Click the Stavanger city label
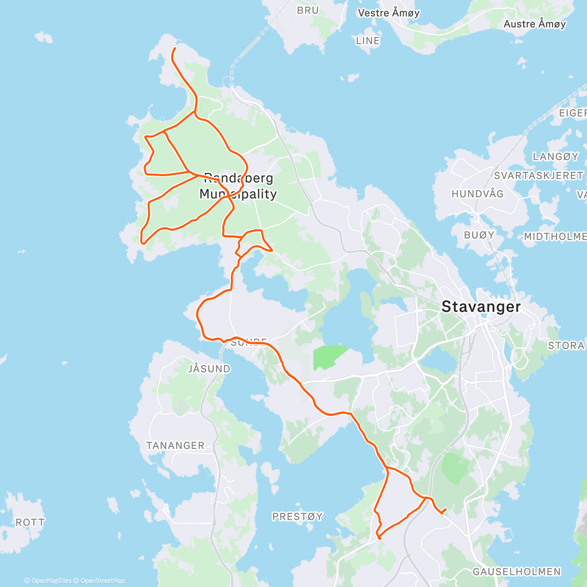pos(481,307)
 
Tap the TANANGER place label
pos(175,446)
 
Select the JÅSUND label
pos(209,369)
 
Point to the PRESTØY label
pos(297,517)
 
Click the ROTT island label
pos(30,522)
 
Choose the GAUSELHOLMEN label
pos(517,571)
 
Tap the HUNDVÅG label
pos(477,194)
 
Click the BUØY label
pos(479,235)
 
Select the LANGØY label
pos(555,157)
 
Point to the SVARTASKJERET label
pos(539,175)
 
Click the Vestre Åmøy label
pos(389,13)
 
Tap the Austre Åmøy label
pos(535,24)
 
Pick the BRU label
pos(308,10)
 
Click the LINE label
pos(368,41)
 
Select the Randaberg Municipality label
pos(238,186)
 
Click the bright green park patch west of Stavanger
pos(329,356)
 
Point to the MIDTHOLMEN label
pos(555,237)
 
